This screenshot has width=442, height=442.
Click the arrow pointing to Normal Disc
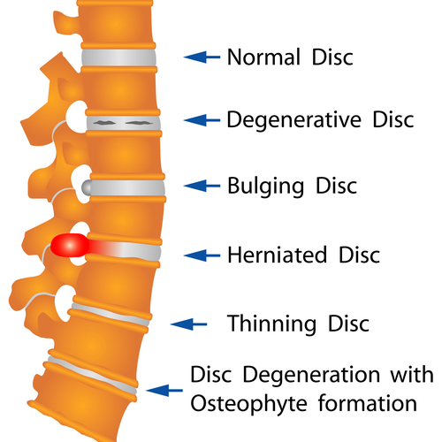(202, 57)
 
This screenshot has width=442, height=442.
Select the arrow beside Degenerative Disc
(202, 120)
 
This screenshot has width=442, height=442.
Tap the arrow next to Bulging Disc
(202, 186)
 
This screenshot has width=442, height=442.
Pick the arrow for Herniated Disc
(202, 255)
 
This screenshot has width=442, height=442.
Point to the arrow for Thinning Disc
(188, 324)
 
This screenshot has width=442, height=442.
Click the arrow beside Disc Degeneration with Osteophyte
(164, 391)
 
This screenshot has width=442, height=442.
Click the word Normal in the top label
(264, 57)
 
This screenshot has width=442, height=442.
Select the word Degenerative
(293, 120)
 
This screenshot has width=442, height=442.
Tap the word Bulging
(265, 187)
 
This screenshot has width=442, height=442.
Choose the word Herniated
(278, 255)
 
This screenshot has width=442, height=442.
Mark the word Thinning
(271, 324)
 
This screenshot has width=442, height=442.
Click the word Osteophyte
(248, 404)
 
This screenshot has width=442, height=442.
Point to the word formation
(368, 403)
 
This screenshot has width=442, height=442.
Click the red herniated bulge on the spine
(70, 245)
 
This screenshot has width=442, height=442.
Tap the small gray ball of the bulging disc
(87, 187)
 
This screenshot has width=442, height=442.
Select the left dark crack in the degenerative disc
(104, 122)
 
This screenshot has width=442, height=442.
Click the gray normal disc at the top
(118, 57)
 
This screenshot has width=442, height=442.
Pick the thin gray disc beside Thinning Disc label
(110, 315)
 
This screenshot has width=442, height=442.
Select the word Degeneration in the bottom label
(311, 375)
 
